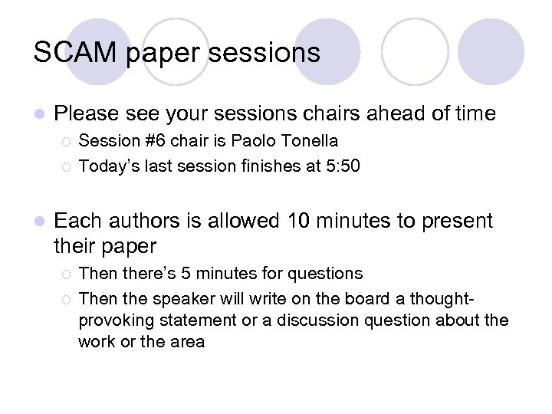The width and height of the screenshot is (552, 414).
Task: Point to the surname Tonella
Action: coord(310,141)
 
